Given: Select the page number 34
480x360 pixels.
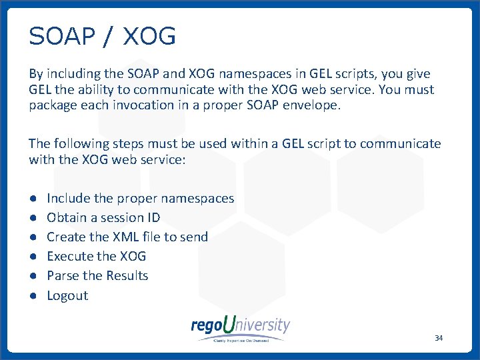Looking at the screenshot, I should click(438, 338).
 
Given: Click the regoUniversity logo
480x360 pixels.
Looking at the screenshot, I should click(240, 327).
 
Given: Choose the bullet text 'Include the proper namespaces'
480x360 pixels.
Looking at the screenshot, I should click(140, 198).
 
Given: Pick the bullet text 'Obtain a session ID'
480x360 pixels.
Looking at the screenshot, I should click(103, 217).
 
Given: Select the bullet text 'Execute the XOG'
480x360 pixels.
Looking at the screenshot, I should click(96, 256).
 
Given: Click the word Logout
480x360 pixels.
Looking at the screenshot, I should click(67, 295).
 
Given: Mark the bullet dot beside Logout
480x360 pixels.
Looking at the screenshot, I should click(32, 295).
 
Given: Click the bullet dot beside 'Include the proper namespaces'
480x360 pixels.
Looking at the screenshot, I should click(32, 198).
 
